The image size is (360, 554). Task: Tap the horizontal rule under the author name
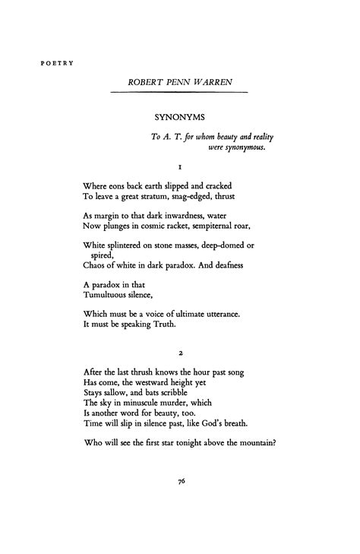pyautogui.click(x=179, y=92)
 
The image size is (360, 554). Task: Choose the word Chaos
pyautogui.click(x=96, y=267)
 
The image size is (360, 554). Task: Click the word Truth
pyautogui.click(x=164, y=324)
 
